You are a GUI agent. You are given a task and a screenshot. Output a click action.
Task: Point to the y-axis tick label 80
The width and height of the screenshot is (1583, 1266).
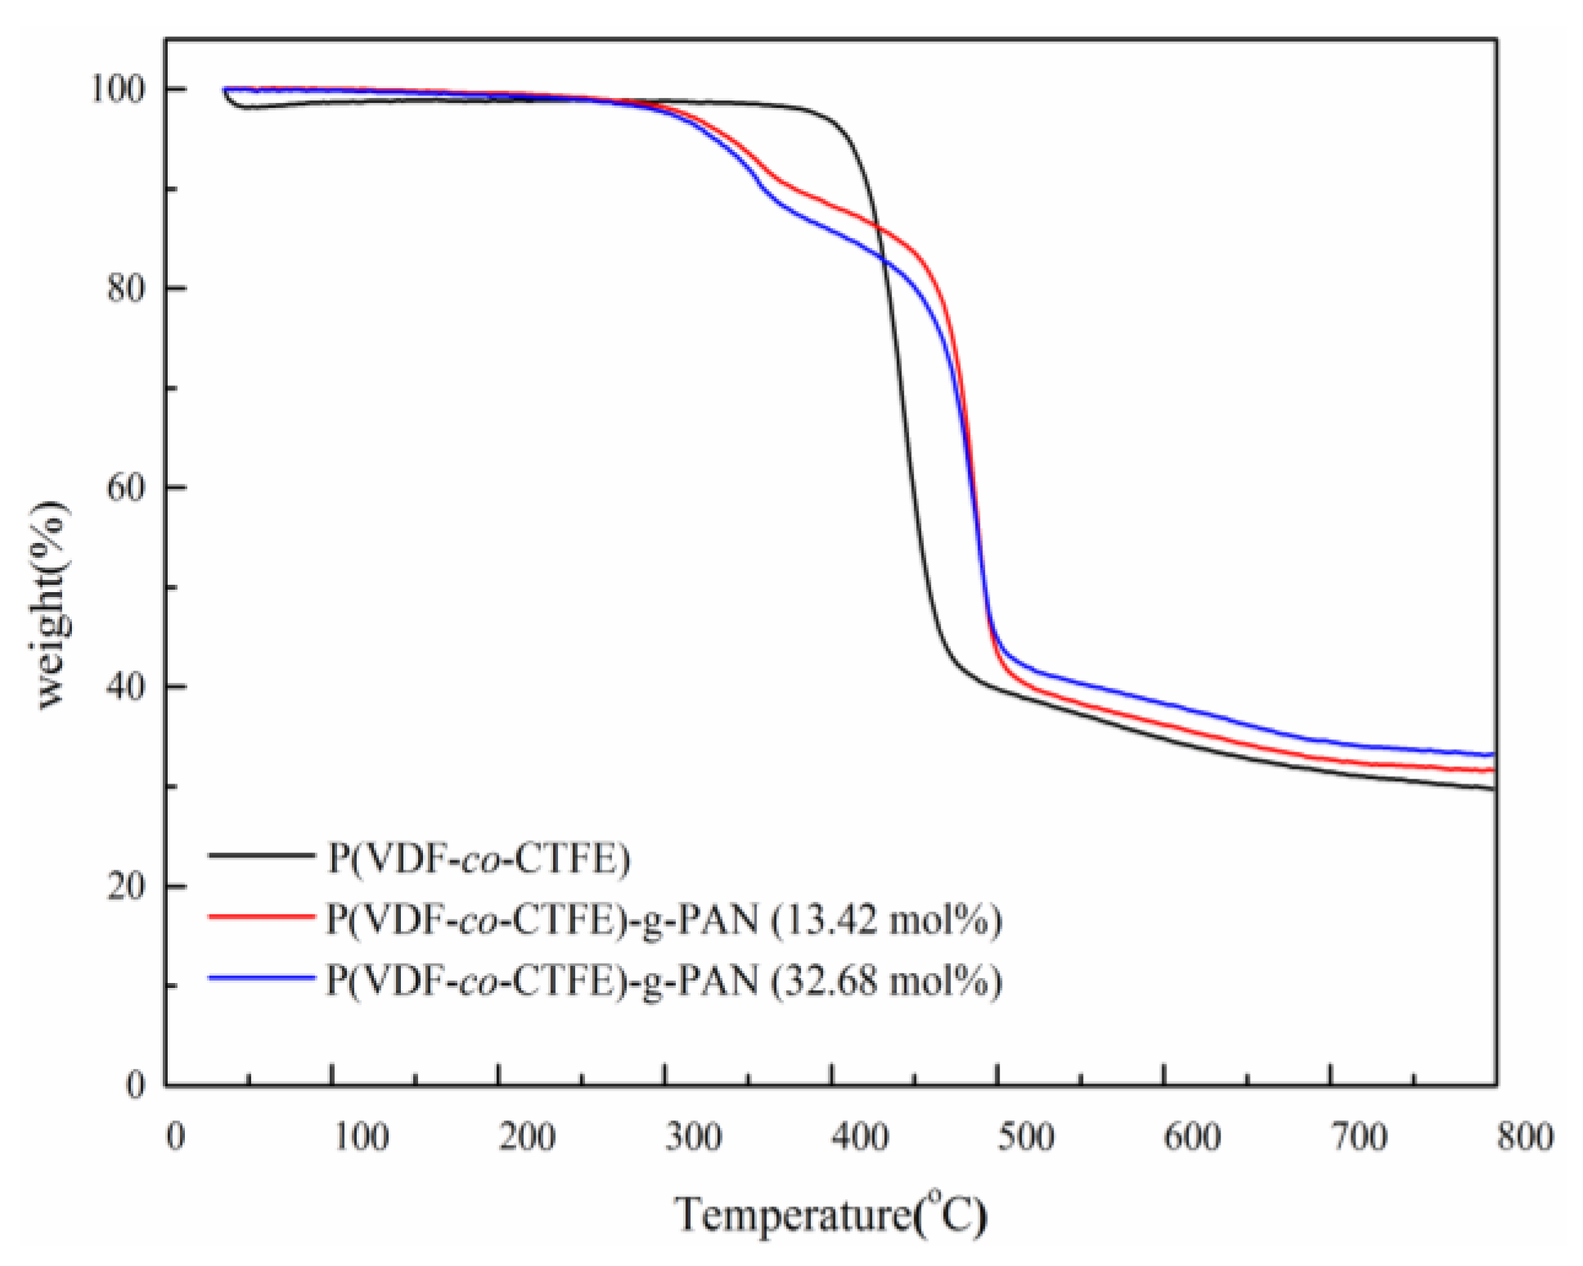(x=126, y=288)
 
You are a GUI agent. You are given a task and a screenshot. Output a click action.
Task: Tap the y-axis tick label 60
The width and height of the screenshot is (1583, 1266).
(x=126, y=487)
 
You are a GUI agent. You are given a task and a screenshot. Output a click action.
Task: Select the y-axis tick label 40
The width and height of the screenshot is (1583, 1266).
(x=126, y=687)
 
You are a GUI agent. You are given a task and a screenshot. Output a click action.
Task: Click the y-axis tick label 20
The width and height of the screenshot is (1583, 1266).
(x=126, y=887)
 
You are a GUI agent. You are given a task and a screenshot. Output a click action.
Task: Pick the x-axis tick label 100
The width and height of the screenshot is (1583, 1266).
(x=361, y=1138)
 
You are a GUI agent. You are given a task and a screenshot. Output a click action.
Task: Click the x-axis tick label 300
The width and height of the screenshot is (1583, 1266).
(x=693, y=1138)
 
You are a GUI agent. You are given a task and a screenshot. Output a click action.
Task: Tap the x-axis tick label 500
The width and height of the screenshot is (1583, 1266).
(x=1025, y=1138)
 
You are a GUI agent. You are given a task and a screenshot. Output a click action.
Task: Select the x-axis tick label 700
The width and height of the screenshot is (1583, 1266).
(x=1358, y=1138)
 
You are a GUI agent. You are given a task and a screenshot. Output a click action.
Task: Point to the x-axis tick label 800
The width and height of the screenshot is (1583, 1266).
(x=1524, y=1138)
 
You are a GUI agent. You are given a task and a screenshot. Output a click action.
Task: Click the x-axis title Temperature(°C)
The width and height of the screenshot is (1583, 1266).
(x=830, y=1214)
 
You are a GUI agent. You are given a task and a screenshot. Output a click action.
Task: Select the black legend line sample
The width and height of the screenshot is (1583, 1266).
(x=261, y=855)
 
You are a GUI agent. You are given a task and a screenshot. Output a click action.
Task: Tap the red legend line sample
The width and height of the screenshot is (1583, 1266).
(x=261, y=917)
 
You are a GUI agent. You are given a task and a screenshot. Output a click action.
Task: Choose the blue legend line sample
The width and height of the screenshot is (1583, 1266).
(x=261, y=978)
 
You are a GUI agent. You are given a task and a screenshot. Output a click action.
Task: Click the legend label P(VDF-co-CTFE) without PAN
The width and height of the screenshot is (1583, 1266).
(x=479, y=859)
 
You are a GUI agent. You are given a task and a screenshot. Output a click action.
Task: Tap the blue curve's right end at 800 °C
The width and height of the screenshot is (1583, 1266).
(x=1493, y=755)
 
